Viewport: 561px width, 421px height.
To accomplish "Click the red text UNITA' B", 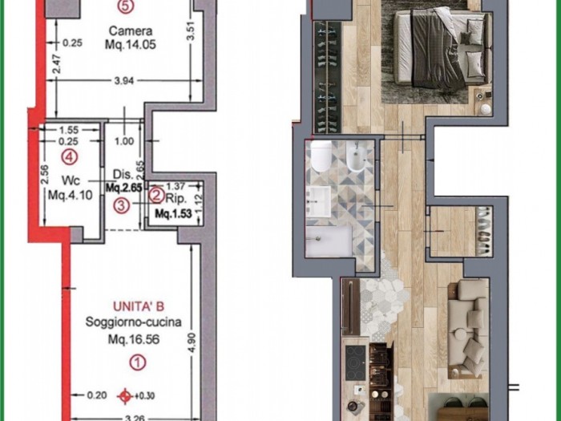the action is tap(139, 306).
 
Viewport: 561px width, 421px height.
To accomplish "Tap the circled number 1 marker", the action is tap(137, 362).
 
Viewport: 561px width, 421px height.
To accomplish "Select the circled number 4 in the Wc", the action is tap(70, 156).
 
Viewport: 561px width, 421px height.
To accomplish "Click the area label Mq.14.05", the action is tap(131, 45).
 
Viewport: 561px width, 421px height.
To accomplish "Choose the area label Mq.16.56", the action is tap(134, 339).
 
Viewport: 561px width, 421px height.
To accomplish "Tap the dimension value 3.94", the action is tap(123, 81).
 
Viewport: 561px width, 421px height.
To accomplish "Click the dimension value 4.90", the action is tap(192, 342).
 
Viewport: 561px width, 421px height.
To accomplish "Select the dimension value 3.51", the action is tap(191, 31).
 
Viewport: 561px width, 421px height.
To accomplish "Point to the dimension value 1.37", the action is tap(176, 186).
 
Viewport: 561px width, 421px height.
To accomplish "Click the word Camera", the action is tap(131, 30).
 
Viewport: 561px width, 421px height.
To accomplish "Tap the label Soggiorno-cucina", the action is tap(134, 322).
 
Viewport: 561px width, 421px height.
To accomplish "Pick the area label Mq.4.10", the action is tap(71, 195).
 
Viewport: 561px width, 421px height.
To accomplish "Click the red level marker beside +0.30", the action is tap(125, 396).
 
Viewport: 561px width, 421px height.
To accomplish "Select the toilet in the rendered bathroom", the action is tap(321, 156).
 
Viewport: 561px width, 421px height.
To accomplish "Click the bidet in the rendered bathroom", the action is tap(356, 156).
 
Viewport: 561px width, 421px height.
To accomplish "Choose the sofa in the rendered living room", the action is tap(468, 327).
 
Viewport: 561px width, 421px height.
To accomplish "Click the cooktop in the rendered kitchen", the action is tap(356, 362).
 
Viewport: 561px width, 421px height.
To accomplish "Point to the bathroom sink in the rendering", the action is tap(318, 200).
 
